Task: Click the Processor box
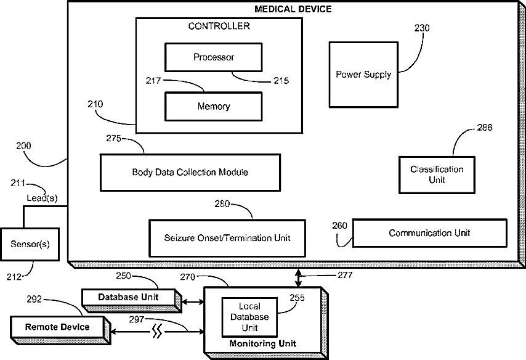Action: point(214,57)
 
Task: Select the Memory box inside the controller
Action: point(213,107)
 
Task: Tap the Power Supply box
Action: point(363,75)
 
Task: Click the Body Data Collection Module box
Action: point(190,172)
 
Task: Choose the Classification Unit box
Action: point(437,174)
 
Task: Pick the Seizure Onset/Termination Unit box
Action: point(227,237)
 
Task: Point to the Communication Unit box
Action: point(429,233)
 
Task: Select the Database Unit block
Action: point(129,297)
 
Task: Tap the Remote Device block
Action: point(57,327)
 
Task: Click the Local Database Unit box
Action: point(245,317)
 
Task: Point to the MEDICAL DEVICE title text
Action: point(293,9)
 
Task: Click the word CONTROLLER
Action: point(219,26)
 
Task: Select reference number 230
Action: point(423,28)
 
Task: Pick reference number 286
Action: point(485,128)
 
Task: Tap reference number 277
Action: point(345,275)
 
